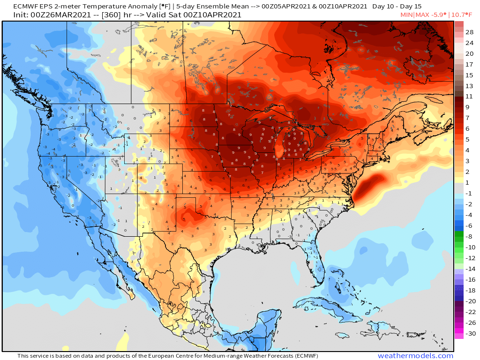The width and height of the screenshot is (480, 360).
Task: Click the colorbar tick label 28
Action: click(469, 32)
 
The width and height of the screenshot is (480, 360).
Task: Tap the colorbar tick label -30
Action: click(469, 334)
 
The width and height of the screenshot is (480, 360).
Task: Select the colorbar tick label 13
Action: click(469, 86)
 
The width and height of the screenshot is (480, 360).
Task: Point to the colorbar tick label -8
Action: click(469, 236)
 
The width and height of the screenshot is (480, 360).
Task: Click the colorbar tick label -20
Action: click(469, 301)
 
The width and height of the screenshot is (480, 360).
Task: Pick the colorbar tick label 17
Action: click(469, 64)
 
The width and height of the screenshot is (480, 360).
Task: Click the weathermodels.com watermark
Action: click(415, 356)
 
